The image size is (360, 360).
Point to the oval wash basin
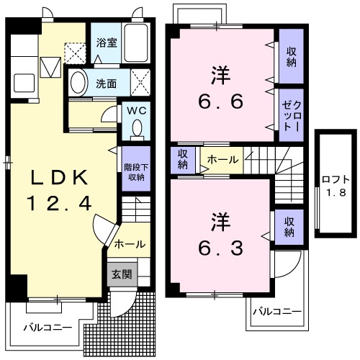(80, 81)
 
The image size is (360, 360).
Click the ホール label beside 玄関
(130, 244)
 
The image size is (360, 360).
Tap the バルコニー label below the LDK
(48, 328)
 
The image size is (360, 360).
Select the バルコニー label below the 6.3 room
(276, 312)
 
